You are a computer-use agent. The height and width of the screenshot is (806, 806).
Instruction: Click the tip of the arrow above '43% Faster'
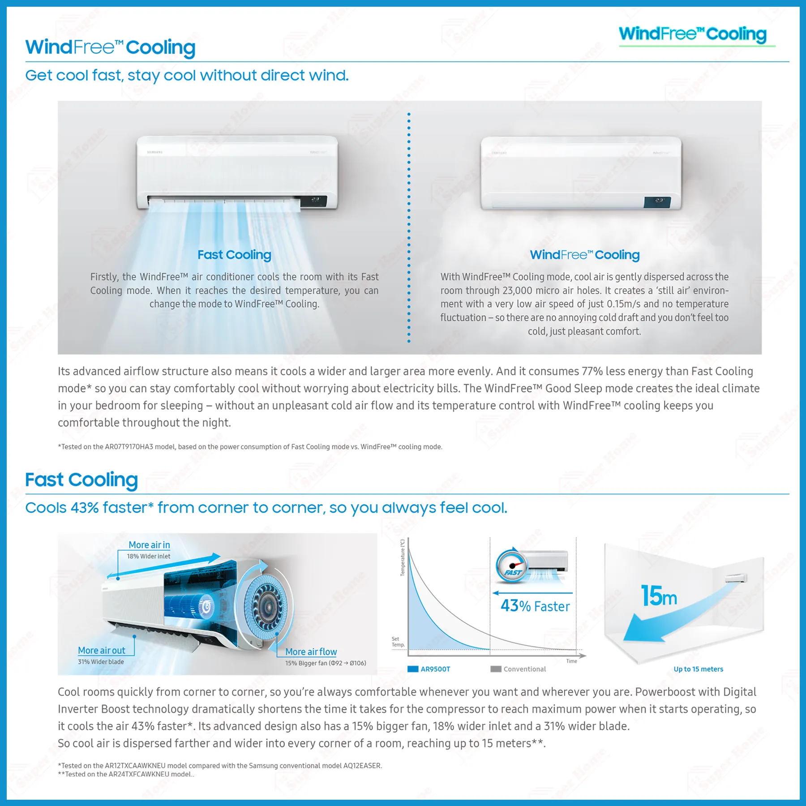pos(493,593)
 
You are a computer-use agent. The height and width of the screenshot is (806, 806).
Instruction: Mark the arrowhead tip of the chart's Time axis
pos(586,656)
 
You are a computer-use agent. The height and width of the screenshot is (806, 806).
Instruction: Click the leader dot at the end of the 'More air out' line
pos(134,636)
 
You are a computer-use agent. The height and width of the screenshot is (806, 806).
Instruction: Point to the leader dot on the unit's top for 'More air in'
pos(118,579)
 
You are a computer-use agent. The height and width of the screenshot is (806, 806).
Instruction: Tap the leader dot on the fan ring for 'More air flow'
pos(277,634)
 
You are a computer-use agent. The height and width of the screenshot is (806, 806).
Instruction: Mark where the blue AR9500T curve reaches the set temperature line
pos(490,649)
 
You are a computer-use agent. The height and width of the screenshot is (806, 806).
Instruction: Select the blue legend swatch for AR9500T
pos(413,669)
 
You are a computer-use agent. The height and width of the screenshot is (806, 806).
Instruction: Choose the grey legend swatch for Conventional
pos(496,669)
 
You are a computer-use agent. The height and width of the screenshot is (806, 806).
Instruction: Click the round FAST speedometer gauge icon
pos(512,565)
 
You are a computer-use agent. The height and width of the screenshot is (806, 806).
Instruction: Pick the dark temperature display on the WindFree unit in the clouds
pos(657,202)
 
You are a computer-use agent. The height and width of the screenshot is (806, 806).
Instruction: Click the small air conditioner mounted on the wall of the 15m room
pos(736,578)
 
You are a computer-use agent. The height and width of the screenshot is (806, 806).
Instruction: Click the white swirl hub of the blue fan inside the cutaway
pos(206,606)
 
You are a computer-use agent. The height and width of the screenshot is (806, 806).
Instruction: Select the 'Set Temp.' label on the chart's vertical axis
pos(398,642)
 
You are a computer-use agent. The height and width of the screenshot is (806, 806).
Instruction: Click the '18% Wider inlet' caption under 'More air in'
pos(149,556)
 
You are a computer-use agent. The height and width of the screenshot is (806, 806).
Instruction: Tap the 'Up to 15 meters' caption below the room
pos(698,669)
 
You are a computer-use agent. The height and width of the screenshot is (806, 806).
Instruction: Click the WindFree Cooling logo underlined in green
pos(693,35)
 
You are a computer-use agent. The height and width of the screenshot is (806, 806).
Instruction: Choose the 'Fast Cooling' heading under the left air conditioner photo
pos(235,255)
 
